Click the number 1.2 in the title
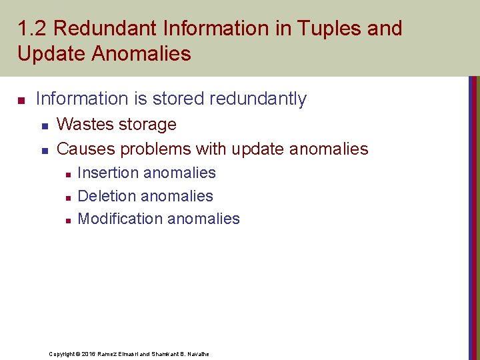32,29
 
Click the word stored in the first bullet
175,99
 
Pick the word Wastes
83,125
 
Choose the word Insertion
108,173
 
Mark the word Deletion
106,196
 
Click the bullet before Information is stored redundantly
21,101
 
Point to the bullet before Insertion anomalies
67,174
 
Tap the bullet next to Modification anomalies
67,220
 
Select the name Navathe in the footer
197,353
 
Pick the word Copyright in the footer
63,353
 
